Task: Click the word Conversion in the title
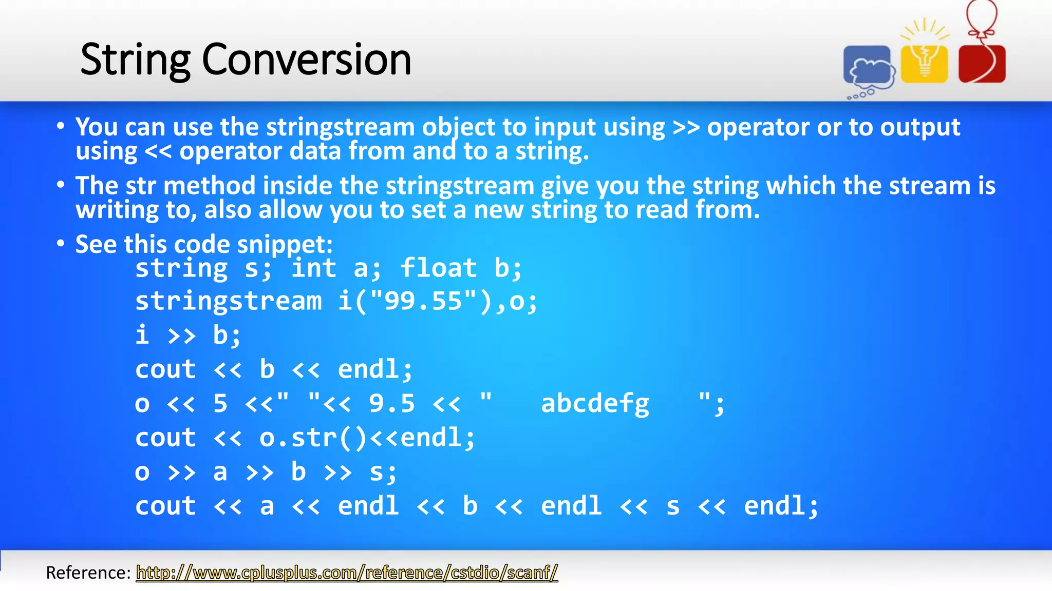click(307, 60)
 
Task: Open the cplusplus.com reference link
click(347, 573)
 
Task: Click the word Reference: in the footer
click(88, 573)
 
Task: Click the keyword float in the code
click(438, 268)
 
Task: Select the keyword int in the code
click(314, 268)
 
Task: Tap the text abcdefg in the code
click(595, 404)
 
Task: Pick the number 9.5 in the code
click(392, 404)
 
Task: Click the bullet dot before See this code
click(61, 244)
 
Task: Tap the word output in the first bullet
click(920, 128)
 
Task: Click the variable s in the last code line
click(672, 506)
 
